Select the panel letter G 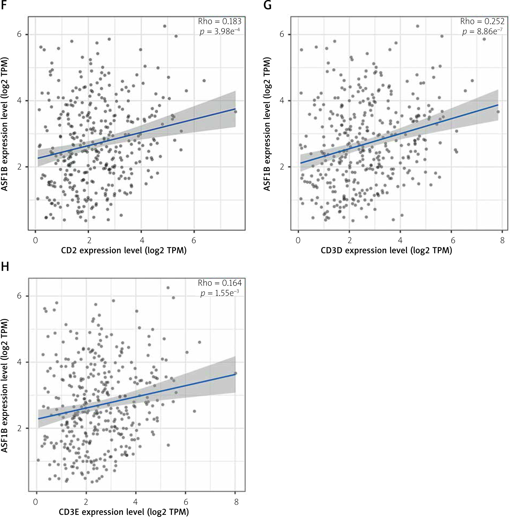[267, 5]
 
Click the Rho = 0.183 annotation [220, 21]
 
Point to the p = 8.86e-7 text [482, 32]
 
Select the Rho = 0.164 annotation [220, 283]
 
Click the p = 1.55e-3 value [220, 293]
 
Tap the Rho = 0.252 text [482, 21]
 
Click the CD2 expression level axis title [124, 251]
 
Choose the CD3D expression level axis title [386, 251]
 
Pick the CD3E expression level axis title [124, 512]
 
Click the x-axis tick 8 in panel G [502, 240]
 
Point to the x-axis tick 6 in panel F [194, 240]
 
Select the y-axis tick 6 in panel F [19, 35]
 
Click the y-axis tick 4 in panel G [282, 101]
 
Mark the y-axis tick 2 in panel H [19, 428]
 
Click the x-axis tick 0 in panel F [35, 240]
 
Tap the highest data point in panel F [164, 26]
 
